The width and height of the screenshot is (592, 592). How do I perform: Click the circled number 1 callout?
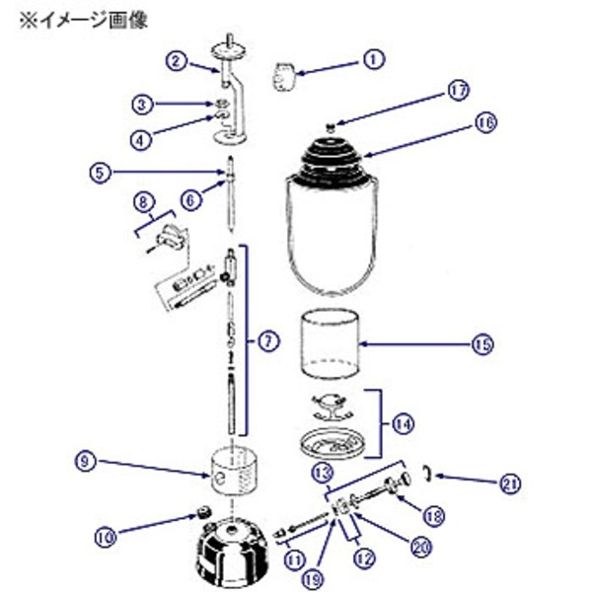click(x=372, y=59)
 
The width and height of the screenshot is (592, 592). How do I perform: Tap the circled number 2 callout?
click(x=175, y=60)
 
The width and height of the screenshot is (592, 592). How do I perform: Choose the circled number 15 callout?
click(x=481, y=344)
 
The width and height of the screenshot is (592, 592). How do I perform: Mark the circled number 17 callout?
click(x=456, y=94)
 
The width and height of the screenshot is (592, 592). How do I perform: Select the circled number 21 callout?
click(x=508, y=482)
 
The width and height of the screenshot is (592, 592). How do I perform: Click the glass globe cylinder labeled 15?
click(x=330, y=344)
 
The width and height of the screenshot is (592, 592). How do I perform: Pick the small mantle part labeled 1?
click(x=283, y=76)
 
